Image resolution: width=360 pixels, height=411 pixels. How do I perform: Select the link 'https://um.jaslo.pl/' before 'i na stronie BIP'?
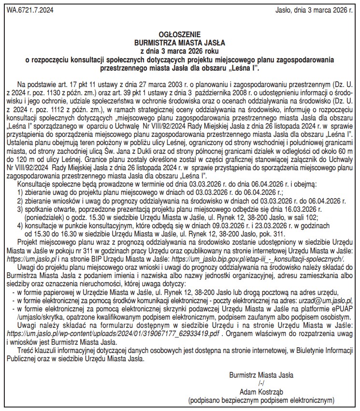point(31,260)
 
